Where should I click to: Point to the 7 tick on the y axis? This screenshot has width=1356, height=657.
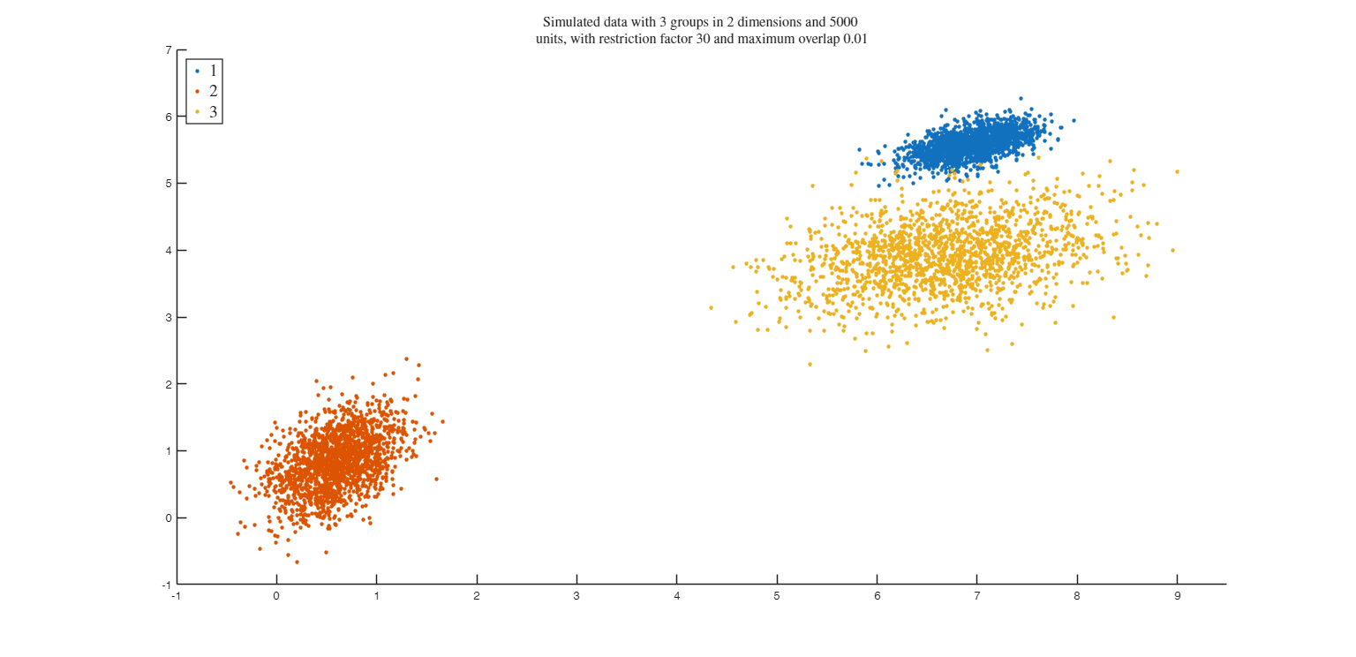coord(168,50)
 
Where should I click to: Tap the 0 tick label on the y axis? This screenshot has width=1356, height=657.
coord(168,518)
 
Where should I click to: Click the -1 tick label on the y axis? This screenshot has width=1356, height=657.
coord(167,585)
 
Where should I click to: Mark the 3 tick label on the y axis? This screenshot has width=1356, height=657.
coord(168,317)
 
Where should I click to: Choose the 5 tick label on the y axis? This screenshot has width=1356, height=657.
coord(168,184)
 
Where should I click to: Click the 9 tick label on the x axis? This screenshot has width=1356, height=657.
coord(1177,597)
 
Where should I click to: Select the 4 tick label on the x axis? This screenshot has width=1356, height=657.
coord(677,597)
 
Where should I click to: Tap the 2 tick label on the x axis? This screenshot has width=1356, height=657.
coord(477,597)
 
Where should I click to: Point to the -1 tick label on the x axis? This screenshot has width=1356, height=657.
coord(176,597)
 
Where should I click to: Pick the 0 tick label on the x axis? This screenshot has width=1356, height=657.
coord(276,597)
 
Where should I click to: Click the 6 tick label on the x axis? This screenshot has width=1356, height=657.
coord(877,597)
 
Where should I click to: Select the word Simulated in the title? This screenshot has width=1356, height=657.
coord(570,21)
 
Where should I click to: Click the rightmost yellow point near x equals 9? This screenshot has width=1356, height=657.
coord(1177,171)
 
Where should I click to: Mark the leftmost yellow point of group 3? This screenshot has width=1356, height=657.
coord(711,307)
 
